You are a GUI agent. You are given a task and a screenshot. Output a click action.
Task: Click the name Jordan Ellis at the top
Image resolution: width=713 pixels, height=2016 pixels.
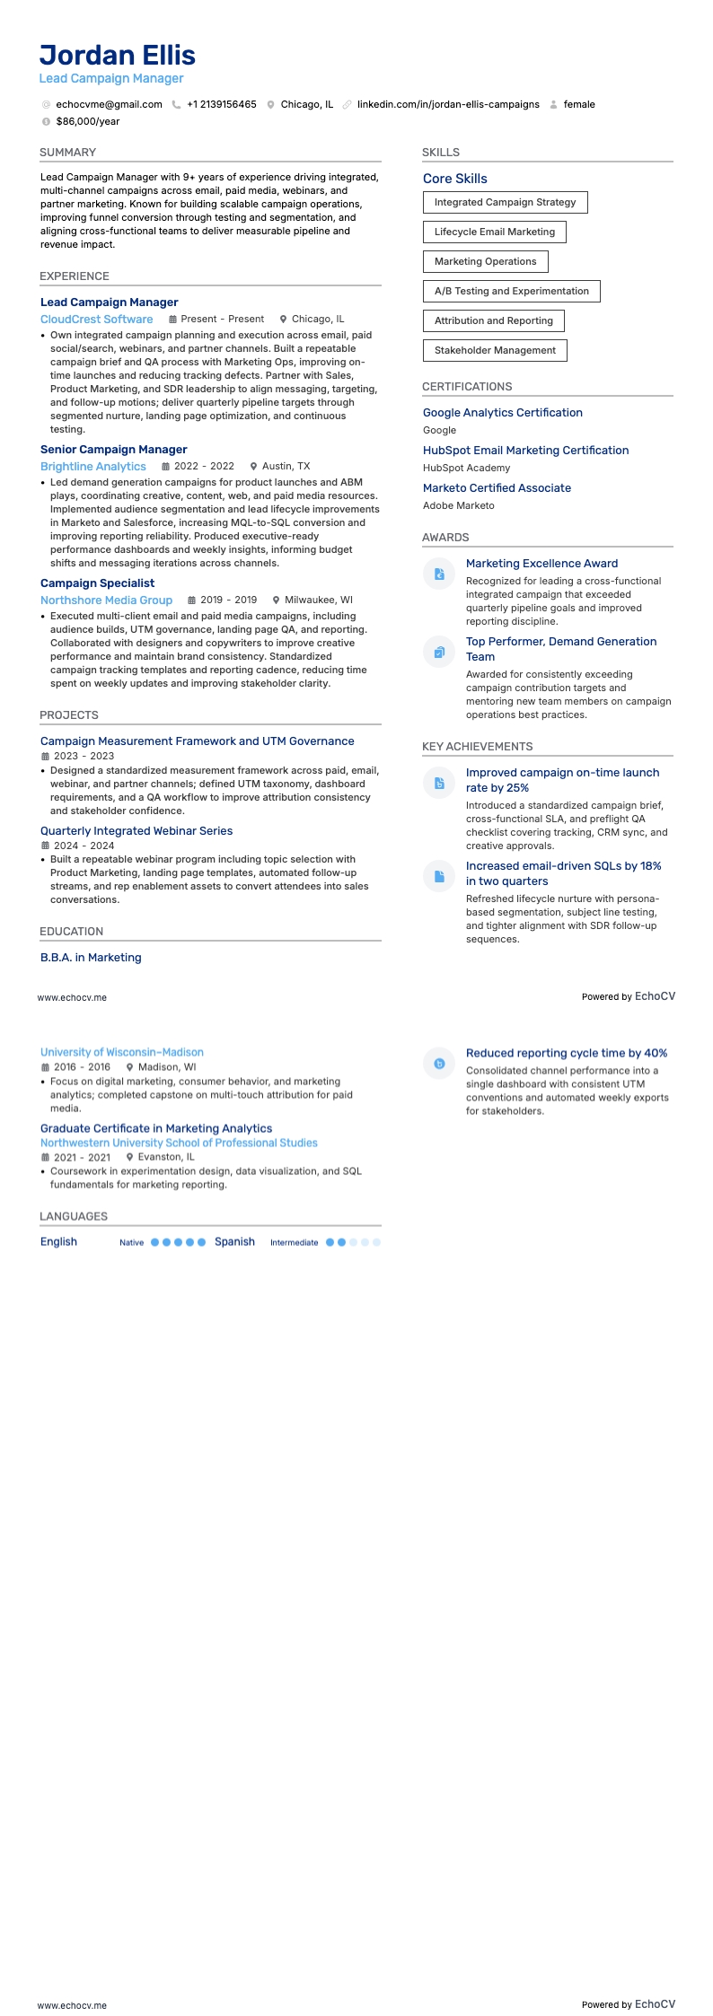118,56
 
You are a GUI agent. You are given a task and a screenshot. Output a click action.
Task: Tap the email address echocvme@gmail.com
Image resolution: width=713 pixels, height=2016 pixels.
109,104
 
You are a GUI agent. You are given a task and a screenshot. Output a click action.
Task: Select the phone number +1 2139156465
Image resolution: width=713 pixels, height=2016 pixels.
221,104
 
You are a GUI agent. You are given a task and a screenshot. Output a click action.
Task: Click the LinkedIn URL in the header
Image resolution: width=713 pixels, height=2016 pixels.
448,104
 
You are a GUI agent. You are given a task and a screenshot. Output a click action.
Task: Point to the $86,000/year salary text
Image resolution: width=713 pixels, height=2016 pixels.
87,121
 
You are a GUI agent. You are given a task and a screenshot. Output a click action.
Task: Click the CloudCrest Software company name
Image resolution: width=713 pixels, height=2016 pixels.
96,319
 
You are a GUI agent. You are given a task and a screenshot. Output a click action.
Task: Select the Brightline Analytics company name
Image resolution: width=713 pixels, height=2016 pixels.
92,466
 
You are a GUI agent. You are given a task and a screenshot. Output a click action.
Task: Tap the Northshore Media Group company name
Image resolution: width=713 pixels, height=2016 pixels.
106,600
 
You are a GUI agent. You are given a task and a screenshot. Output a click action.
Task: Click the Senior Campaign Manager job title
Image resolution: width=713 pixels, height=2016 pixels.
113,449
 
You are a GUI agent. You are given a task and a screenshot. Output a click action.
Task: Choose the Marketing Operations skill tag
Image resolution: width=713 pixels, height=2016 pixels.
485,261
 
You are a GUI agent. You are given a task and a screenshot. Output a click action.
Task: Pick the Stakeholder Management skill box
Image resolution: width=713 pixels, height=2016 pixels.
495,350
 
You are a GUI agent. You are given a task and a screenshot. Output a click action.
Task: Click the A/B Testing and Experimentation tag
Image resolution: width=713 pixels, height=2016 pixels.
511,291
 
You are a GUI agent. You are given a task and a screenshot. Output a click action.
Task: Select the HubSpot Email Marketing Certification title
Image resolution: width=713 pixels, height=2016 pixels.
525,450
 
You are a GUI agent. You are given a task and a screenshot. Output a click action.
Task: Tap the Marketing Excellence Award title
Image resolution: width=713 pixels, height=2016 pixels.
541,563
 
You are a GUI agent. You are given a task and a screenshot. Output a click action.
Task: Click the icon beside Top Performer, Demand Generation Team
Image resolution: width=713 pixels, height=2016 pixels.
439,652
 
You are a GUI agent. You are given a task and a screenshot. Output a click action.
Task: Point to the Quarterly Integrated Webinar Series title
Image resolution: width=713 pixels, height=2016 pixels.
136,830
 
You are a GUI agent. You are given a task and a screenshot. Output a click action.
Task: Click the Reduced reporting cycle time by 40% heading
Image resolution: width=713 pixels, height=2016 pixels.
566,1053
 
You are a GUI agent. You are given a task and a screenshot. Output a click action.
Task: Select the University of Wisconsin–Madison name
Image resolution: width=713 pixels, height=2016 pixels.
121,1052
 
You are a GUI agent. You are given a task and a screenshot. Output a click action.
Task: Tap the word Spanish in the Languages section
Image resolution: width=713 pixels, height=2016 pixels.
234,1241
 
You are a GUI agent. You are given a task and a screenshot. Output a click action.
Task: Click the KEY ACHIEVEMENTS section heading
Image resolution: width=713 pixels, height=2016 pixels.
477,746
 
